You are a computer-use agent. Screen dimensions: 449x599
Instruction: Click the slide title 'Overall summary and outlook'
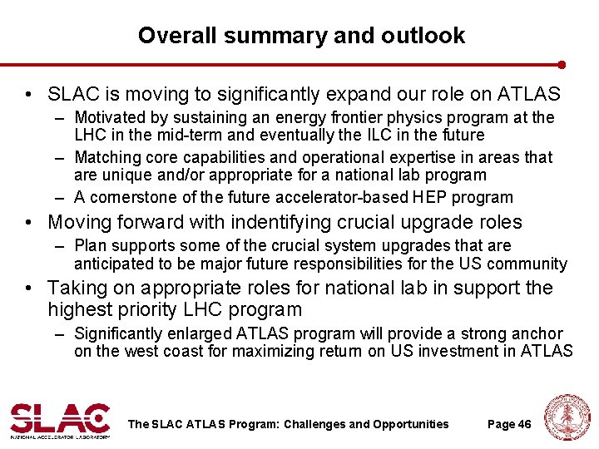pos(301,36)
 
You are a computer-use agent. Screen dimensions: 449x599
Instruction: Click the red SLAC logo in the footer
pos(60,418)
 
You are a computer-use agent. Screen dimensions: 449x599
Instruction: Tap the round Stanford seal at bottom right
pos(566,417)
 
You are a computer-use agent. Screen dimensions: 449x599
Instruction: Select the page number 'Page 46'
pos(509,424)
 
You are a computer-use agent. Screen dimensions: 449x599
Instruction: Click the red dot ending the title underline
pos(562,64)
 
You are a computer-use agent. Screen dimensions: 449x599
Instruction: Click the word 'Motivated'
pos(109,118)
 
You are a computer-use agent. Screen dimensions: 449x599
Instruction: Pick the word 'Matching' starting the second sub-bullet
pos(106,158)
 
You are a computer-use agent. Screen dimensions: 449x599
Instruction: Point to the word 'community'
pos(529,264)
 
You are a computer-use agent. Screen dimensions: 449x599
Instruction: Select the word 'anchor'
pos(536,333)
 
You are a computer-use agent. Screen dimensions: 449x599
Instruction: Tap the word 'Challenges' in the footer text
pos(314,424)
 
